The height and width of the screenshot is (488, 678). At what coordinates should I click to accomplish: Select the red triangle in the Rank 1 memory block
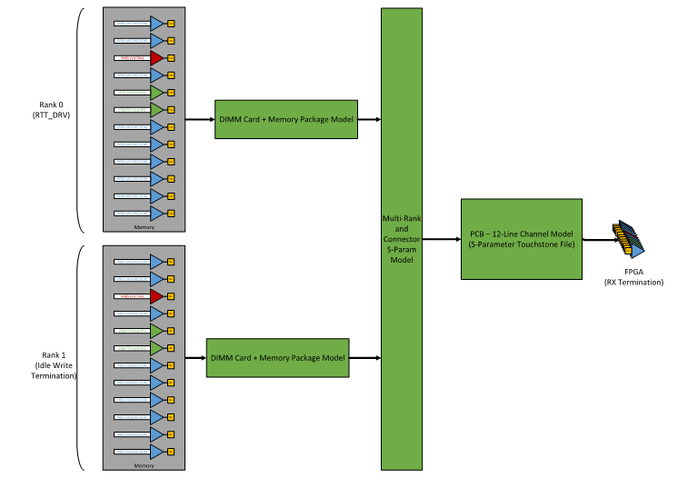coord(156,296)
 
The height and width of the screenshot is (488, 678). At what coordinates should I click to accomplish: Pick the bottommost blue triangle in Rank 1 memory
coord(156,451)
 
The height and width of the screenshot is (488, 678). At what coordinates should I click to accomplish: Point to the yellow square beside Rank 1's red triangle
coord(171,296)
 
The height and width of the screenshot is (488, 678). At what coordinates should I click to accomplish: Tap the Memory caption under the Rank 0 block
coord(143,227)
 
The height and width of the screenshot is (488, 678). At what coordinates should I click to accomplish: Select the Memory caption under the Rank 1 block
coord(143,465)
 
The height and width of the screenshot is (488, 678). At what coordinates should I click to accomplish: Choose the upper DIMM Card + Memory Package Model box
coord(285,119)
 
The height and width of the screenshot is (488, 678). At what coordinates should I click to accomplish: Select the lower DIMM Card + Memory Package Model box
coord(277,357)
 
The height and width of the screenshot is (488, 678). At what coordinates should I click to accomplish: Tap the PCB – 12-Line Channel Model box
coord(521,238)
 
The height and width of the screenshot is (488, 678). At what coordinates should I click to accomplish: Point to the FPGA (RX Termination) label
coord(633,276)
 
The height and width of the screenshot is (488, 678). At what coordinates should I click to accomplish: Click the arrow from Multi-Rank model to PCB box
coord(442,239)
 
